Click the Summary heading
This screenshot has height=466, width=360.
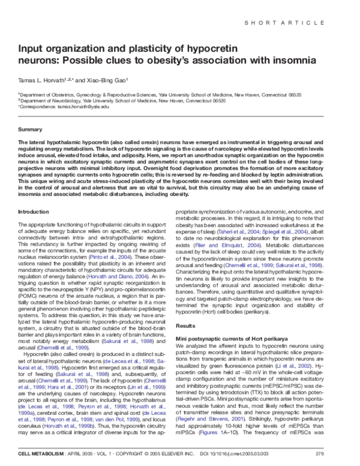pyautogui.click(x=30, y=130)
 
